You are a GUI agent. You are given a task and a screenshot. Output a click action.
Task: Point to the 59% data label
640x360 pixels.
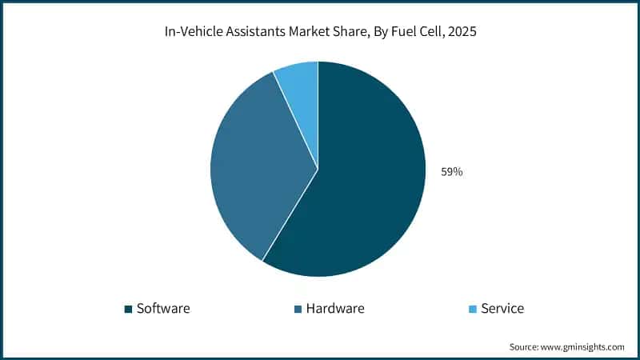pyautogui.click(x=451, y=171)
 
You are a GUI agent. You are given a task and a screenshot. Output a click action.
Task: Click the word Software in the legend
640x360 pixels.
pyautogui.click(x=163, y=308)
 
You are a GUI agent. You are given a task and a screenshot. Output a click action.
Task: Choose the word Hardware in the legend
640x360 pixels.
pyautogui.click(x=334, y=308)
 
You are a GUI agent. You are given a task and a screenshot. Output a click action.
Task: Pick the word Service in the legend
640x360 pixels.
pyautogui.click(x=502, y=308)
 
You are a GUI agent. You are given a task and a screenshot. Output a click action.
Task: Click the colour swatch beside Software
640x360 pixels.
pyautogui.click(x=128, y=309)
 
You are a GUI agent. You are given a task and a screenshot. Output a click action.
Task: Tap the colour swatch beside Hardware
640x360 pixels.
pyautogui.click(x=298, y=309)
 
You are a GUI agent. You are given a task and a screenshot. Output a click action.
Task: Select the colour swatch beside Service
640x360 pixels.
pyautogui.click(x=472, y=309)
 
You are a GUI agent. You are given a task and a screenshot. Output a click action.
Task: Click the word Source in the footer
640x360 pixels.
pyautogui.click(x=525, y=347)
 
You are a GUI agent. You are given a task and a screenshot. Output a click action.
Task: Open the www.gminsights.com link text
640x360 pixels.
pyautogui.click(x=586, y=347)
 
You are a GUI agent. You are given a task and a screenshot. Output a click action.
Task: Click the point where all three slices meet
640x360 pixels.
pyautogui.click(x=318, y=169)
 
